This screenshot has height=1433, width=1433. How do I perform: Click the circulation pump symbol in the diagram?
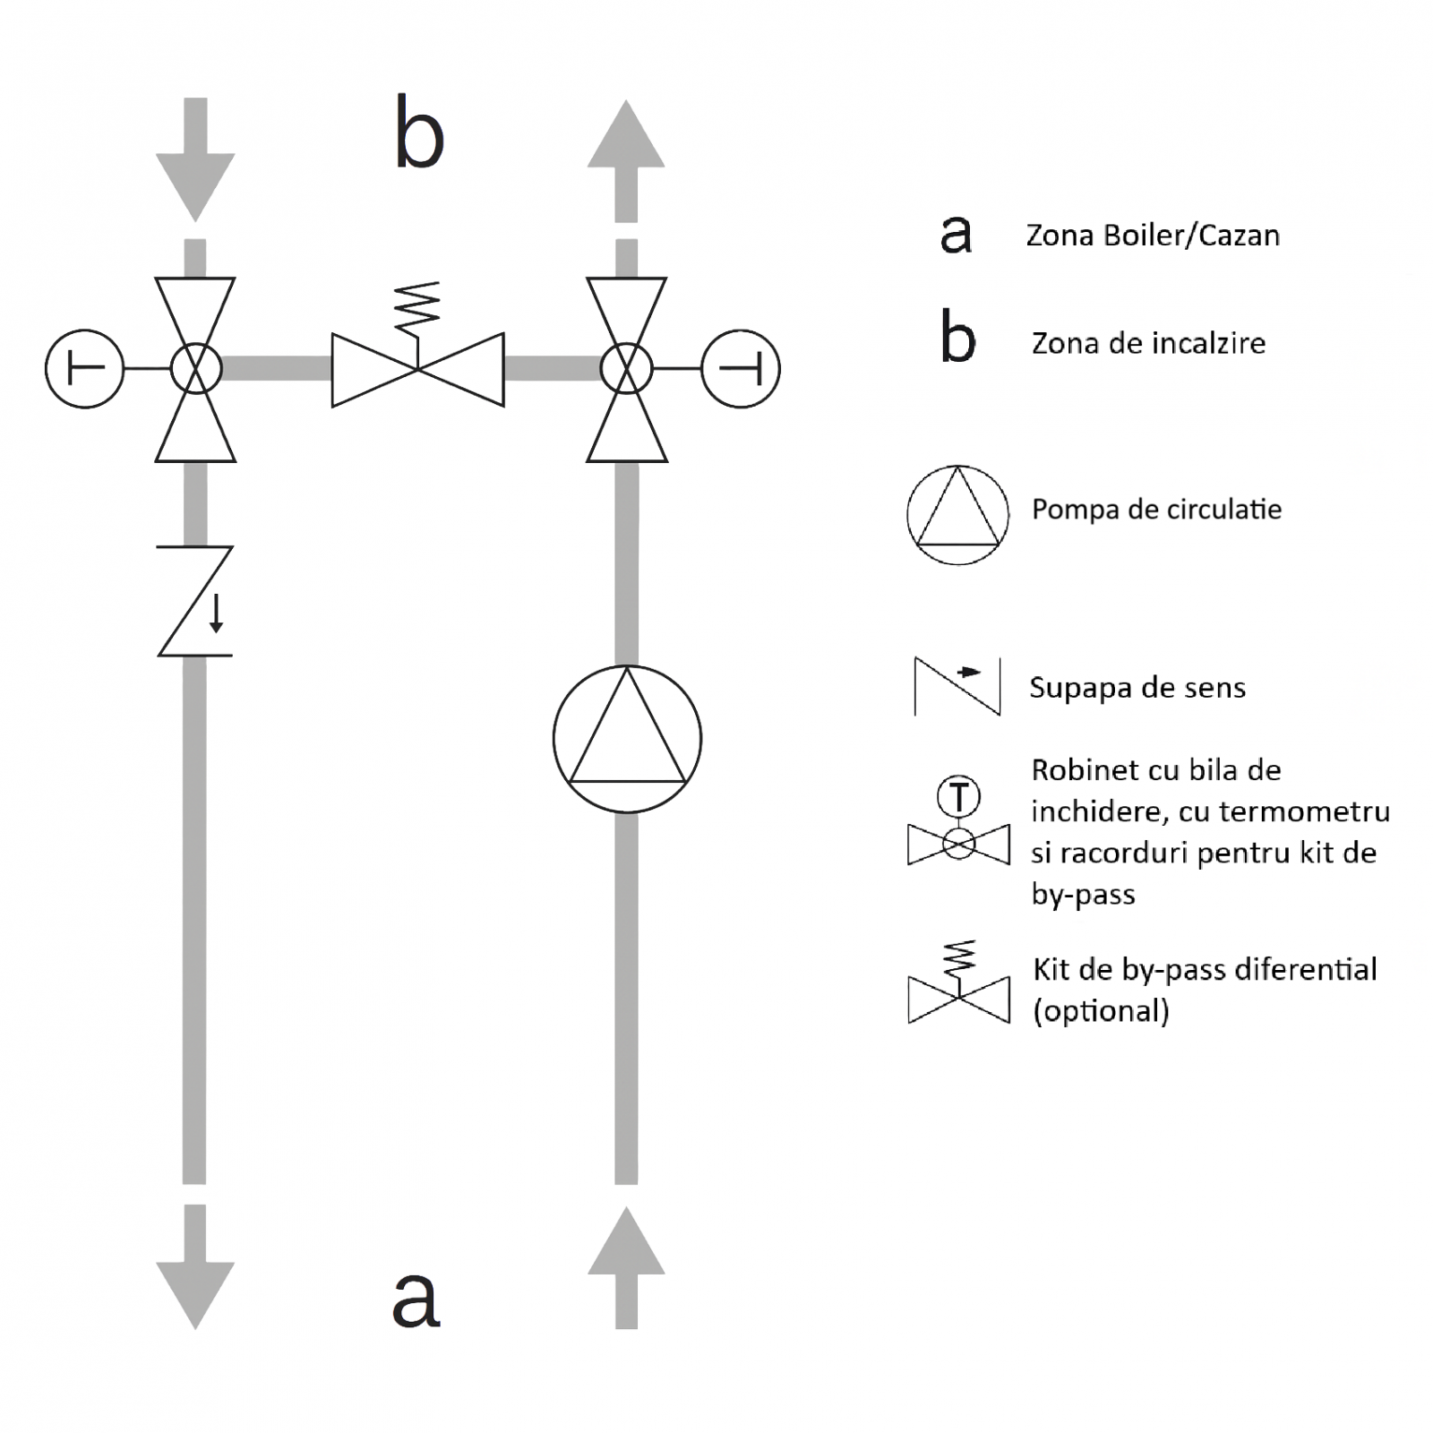point(627,739)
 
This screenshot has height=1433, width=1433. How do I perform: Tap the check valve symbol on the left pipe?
point(195,601)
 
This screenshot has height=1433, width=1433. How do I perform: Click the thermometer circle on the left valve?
point(84,368)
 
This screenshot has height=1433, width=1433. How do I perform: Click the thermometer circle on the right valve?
point(741,368)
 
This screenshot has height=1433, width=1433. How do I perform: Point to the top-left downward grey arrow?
point(195,161)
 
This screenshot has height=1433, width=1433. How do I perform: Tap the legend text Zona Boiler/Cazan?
point(1153,236)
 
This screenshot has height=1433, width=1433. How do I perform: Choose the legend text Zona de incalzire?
point(1148,343)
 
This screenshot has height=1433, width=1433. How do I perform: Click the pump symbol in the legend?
point(957,515)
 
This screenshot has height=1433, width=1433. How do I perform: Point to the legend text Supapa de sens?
point(1137,688)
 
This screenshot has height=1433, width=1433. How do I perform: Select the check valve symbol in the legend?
point(957,687)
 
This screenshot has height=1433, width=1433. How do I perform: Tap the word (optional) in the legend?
point(1101,1011)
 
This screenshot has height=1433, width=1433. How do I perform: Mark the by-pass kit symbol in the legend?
point(958,985)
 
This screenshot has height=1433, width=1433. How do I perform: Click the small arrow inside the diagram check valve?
point(216,614)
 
